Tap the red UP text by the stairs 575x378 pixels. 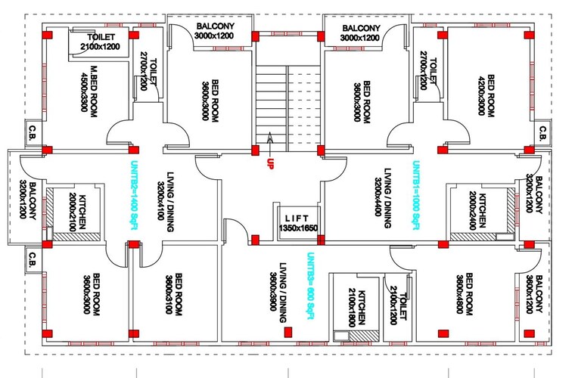269,163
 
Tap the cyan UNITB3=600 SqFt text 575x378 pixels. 310,288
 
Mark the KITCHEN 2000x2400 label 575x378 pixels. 476,212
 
